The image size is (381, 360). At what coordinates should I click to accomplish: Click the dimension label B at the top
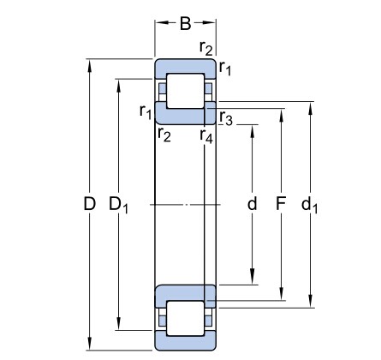pyautogui.click(x=185, y=23)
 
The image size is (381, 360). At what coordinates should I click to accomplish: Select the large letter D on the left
pyautogui.click(x=89, y=204)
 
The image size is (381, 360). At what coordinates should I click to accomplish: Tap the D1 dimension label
pyautogui.click(x=119, y=206)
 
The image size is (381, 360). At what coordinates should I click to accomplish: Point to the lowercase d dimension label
pyautogui.click(x=252, y=203)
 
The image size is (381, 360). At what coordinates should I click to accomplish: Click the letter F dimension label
pyautogui.click(x=281, y=204)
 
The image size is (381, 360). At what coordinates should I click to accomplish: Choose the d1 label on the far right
pyautogui.click(x=309, y=205)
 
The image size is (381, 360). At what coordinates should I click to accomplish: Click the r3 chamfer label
pyautogui.click(x=226, y=117)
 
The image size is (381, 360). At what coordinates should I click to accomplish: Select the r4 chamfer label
pyautogui.click(x=206, y=135)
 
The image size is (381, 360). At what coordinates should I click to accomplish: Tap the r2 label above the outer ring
pyautogui.click(x=206, y=47)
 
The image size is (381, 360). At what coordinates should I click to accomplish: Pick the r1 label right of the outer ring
pyautogui.click(x=225, y=68)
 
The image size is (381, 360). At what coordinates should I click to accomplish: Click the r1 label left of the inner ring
pyautogui.click(x=146, y=111)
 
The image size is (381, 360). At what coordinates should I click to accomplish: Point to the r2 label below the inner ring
pyautogui.click(x=164, y=135)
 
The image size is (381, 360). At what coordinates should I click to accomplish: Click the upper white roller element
pyautogui.click(x=186, y=91)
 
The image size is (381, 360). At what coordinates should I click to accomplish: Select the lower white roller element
pyautogui.click(x=186, y=318)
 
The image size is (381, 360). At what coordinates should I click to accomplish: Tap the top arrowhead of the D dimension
pyautogui.click(x=90, y=65)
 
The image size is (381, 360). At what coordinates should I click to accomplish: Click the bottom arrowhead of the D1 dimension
pyautogui.click(x=119, y=324)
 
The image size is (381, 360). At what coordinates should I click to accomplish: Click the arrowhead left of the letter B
pyautogui.click(x=162, y=22)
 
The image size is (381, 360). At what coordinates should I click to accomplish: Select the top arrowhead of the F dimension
pyautogui.click(x=282, y=115)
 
